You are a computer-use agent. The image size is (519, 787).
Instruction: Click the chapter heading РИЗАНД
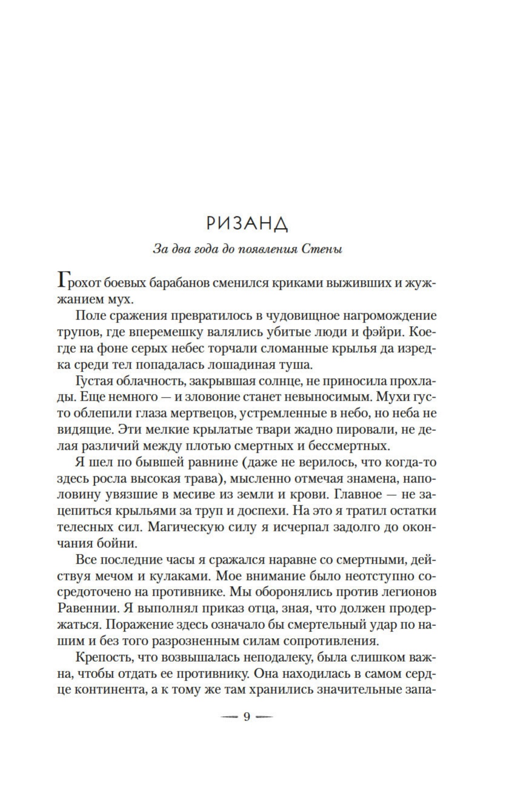(247, 224)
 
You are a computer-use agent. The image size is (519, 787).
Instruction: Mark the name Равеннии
(95, 608)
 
